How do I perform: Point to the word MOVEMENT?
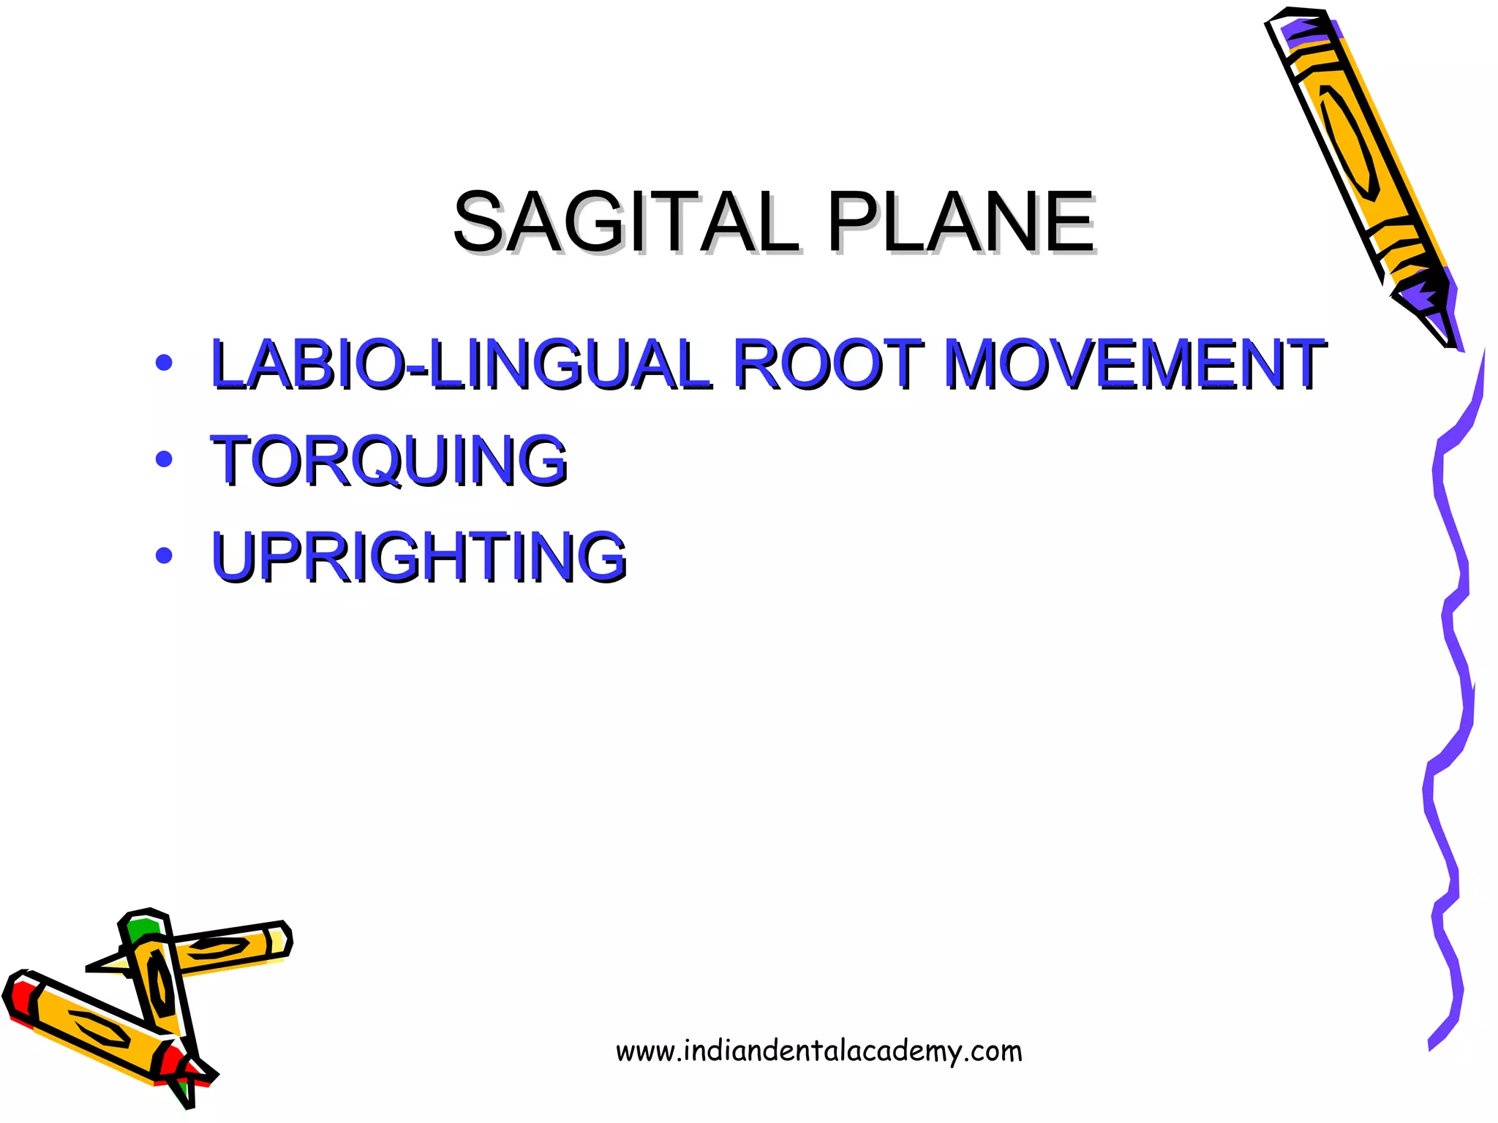pos(1134,363)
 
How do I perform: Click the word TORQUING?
pos(388,460)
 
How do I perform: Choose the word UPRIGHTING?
pos(418,556)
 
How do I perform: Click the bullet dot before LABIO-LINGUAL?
pos(164,363)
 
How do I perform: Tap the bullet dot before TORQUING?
pos(164,460)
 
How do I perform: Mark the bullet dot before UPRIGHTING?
pos(164,556)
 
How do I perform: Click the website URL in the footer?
pos(818,1051)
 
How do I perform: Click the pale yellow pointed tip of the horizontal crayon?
pos(110,964)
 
